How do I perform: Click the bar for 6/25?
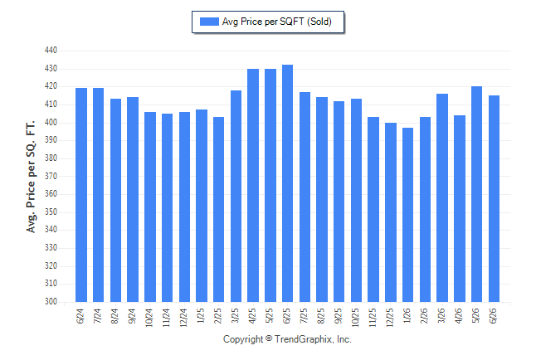pyautogui.click(x=287, y=183)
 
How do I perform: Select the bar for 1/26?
pyautogui.click(x=407, y=215)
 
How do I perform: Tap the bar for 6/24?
pyautogui.click(x=81, y=195)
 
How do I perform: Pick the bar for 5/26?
pyautogui.click(x=476, y=194)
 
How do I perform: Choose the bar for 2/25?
pyautogui.click(x=218, y=209)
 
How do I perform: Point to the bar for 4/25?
pyautogui.click(x=253, y=185)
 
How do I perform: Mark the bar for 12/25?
pyautogui.click(x=391, y=212)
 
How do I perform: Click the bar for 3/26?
pyautogui.click(x=442, y=197)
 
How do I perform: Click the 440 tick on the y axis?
pyautogui.click(x=51, y=51)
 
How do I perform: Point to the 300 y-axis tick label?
pyautogui.click(x=51, y=302)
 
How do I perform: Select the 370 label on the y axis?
pyautogui.click(x=51, y=176)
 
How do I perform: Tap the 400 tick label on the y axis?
pyautogui.click(x=51, y=122)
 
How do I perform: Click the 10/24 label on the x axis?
pyautogui.click(x=149, y=318)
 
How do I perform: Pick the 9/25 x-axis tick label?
pyautogui.click(x=339, y=316)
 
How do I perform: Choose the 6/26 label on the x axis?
pyautogui.click(x=494, y=316)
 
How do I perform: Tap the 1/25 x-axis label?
pyautogui.click(x=201, y=316)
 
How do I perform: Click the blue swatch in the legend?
pyautogui.click(x=209, y=22)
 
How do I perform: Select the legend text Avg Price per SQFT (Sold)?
pyautogui.click(x=277, y=22)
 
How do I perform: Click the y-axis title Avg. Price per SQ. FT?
pyautogui.click(x=31, y=177)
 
